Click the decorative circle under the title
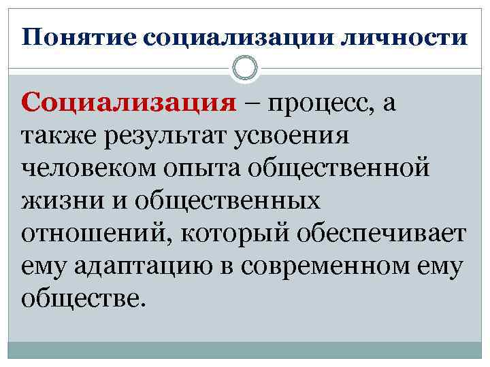coord(245,67)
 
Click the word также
coord(61,136)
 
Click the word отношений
coord(87,232)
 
